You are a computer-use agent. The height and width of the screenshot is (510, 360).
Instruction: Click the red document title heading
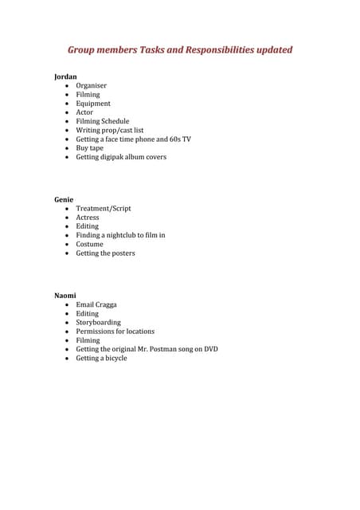(180, 50)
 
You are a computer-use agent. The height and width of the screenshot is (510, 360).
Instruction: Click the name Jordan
(65, 76)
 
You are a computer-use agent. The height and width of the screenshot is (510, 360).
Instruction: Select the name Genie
(64, 199)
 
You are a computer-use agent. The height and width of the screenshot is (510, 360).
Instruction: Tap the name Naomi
(65, 296)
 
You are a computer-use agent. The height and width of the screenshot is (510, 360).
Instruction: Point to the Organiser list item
(91, 85)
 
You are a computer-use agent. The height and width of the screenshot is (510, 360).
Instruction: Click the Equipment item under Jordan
(93, 104)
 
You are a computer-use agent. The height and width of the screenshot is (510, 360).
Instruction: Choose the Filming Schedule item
(102, 121)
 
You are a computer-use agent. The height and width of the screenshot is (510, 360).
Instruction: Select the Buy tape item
(89, 148)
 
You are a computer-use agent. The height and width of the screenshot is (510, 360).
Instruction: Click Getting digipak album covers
(121, 157)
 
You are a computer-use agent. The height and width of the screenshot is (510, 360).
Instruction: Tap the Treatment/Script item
(104, 208)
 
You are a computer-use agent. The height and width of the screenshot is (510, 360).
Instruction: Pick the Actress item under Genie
(88, 217)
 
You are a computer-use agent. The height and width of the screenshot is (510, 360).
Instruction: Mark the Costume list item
(89, 244)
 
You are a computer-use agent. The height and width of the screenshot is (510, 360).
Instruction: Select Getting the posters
(105, 253)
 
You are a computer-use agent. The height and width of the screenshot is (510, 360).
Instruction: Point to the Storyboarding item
(99, 323)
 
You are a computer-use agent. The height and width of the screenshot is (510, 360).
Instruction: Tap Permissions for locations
(115, 331)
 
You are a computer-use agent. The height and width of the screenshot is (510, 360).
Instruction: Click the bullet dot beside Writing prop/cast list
(67, 130)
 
